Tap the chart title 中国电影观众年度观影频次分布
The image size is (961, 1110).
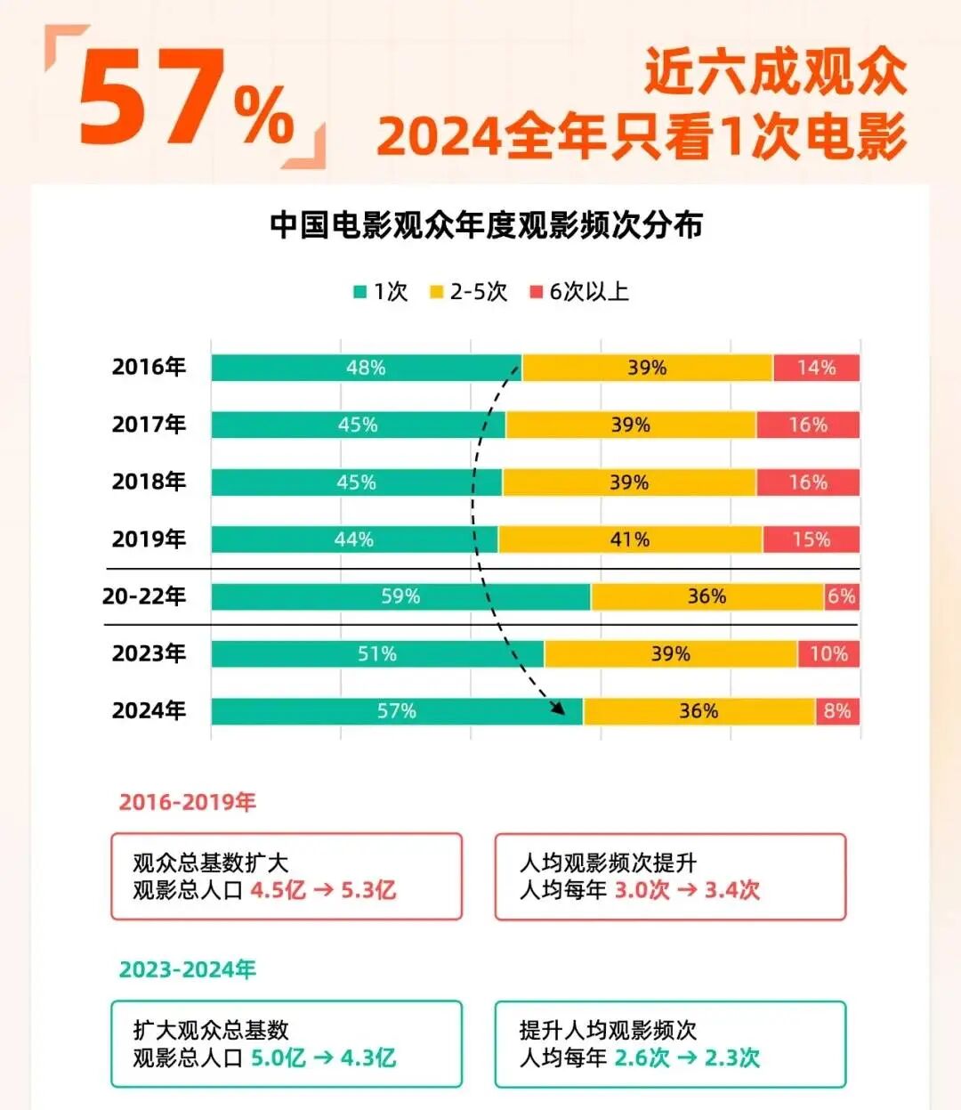coord(486,225)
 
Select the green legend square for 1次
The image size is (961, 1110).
coord(360,292)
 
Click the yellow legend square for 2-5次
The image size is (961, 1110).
coord(436,292)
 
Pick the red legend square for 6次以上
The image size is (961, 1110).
coord(536,292)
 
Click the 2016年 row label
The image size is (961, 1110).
coord(149,367)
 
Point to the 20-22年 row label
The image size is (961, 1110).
coord(143,596)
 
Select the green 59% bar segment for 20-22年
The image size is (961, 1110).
coord(400,596)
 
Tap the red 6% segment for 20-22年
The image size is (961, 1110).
coord(842,596)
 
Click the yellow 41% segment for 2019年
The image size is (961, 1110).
coord(630,539)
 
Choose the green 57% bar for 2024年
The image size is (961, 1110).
coord(397,711)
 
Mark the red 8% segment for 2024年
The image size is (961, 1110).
coord(837,711)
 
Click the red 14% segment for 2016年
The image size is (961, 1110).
coord(816,368)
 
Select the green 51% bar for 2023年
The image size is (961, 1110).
coord(377,654)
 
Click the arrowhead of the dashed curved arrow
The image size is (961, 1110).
coord(558,709)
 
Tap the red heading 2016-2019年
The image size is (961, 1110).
coord(187,802)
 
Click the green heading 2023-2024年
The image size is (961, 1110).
coord(187,969)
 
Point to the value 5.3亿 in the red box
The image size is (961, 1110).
coord(368,890)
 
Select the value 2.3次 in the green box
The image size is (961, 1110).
coord(732,1057)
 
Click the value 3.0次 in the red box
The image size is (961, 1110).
coord(642,890)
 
